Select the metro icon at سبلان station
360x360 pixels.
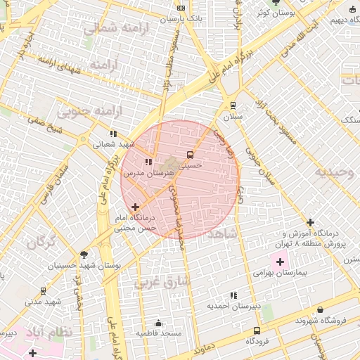[x=233, y=105]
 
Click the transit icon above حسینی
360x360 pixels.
[x=189, y=155]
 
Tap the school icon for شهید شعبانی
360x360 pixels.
[x=112, y=133]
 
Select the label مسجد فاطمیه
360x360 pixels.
[x=159, y=333]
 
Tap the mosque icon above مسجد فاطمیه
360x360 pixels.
[x=158, y=323]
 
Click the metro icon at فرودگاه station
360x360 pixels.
[x=256, y=330]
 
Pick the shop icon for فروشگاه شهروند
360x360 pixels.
[x=321, y=309]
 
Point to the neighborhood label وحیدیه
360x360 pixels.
[x=335, y=172]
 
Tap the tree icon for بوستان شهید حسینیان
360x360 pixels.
[x=84, y=255]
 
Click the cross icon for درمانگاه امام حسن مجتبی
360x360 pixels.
[x=135, y=207]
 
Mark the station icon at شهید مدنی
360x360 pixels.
[x=43, y=290]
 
